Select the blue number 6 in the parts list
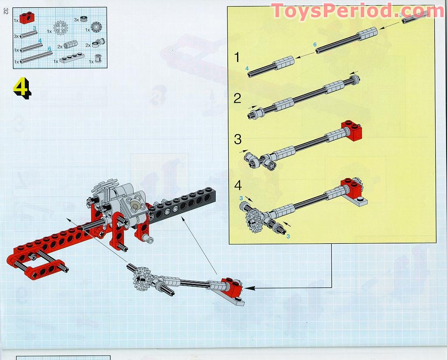tap(49, 49)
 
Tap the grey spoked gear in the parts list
tap(61, 28)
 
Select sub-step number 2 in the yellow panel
tap(237, 98)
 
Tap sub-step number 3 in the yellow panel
tap(237, 139)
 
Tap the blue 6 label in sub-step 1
tap(315, 45)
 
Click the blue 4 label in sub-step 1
tap(247, 68)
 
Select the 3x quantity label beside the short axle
tap(16, 36)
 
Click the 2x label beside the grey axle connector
tap(60, 46)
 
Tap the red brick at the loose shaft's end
tap(231, 286)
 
